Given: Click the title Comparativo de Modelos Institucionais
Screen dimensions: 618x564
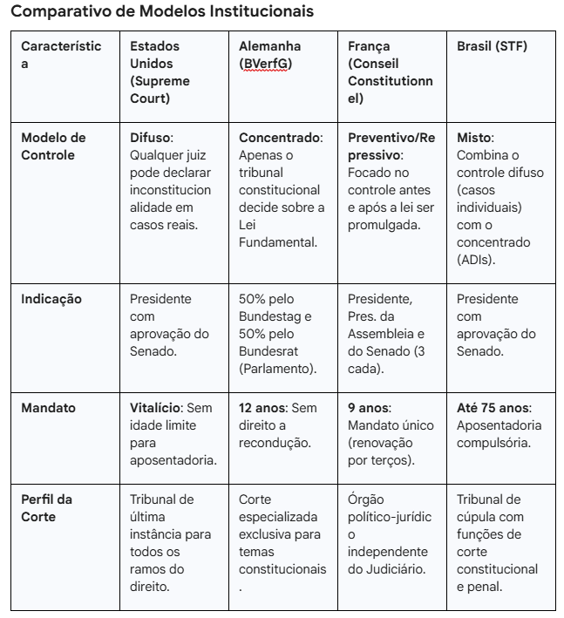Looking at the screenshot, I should pos(161,13).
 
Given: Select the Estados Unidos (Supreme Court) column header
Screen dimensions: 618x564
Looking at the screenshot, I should pos(160,72).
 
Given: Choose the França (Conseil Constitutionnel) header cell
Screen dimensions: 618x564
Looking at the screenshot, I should pos(390,72).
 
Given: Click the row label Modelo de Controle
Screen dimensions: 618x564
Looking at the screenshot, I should pos(53,146).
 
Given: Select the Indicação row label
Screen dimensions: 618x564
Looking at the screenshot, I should pos(51,299).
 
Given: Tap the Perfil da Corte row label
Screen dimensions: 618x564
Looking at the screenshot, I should pos(46,507).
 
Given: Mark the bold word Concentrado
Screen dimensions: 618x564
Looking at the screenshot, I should pos(280,138).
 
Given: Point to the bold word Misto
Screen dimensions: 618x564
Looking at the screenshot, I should pos(474,138).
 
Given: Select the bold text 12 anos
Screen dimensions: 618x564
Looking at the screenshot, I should pos(262,407).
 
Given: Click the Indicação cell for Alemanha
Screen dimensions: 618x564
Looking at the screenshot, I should pos(280,334).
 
